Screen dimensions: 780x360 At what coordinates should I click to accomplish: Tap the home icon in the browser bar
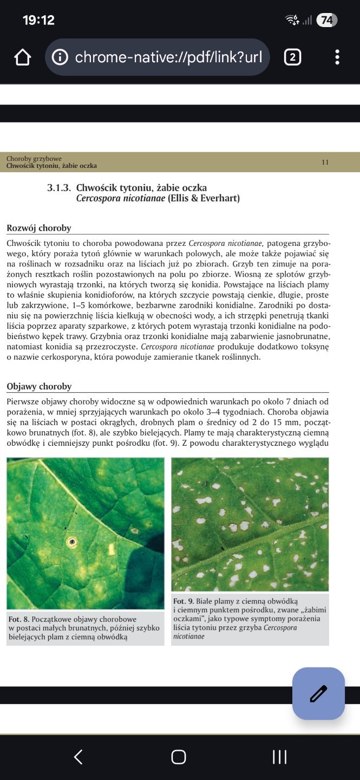tap(23, 57)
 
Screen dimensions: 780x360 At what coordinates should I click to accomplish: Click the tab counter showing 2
tap(292, 57)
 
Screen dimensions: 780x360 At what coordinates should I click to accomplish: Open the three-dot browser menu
tap(337, 57)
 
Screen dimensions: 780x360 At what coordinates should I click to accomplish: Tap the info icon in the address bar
tap(60, 57)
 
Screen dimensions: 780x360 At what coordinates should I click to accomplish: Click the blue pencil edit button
tap(318, 693)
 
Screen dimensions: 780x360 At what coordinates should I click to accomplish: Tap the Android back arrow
tap(78, 757)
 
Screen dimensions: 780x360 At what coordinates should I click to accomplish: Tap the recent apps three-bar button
tap(279, 757)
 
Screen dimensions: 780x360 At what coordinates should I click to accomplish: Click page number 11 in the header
tap(325, 162)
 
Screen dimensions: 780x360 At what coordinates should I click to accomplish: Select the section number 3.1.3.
tap(59, 188)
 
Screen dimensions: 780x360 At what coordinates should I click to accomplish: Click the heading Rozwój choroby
tap(39, 228)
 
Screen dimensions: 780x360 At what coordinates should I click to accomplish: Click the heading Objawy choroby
tap(39, 386)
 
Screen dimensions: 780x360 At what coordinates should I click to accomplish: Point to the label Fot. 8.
tap(18, 619)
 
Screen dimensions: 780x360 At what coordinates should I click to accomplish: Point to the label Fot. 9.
tap(184, 601)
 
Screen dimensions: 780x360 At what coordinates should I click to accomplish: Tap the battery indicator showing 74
tap(326, 21)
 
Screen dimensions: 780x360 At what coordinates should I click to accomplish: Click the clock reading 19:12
tap(38, 21)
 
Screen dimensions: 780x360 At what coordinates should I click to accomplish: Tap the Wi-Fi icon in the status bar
tap(292, 21)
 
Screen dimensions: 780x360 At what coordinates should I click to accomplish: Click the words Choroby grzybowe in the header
tap(34, 159)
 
